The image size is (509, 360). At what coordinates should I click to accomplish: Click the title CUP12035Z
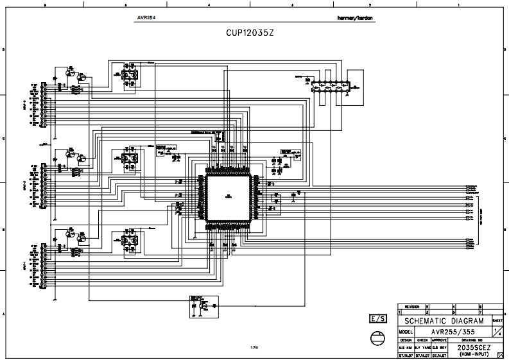[250, 32]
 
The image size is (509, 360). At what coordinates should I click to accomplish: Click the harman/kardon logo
[354, 18]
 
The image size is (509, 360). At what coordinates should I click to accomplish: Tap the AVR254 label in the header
[146, 18]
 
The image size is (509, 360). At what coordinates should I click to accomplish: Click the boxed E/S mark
[379, 319]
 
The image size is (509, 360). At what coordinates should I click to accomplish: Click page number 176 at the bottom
[254, 348]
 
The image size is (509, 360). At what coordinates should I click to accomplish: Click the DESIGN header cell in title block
[406, 339]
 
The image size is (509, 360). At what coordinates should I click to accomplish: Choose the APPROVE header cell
[439, 339]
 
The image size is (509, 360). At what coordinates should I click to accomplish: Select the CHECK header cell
[422, 339]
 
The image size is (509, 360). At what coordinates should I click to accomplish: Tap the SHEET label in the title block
[497, 319]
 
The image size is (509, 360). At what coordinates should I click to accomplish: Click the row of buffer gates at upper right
[329, 85]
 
